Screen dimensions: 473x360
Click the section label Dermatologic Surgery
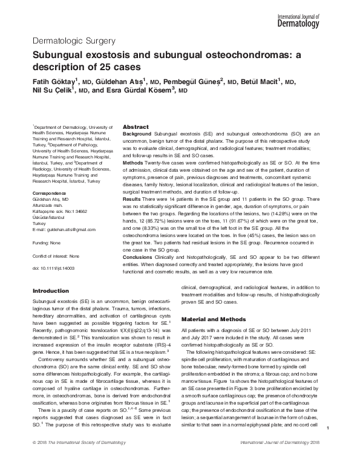tap(72, 41)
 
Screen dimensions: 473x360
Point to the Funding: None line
tap(47, 242)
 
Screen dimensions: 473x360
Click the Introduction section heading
tap(51, 292)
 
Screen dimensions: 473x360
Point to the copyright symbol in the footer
tap(34, 460)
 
